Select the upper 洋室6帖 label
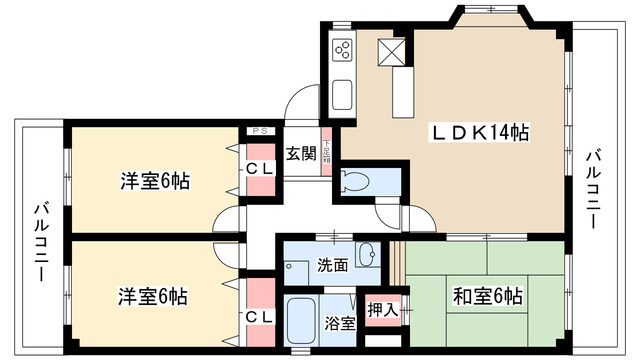point(155,182)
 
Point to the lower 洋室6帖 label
point(155,297)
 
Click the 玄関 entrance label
point(302,154)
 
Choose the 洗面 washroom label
point(333,266)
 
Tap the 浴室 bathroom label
point(340,322)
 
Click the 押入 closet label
point(383,310)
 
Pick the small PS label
point(259,131)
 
